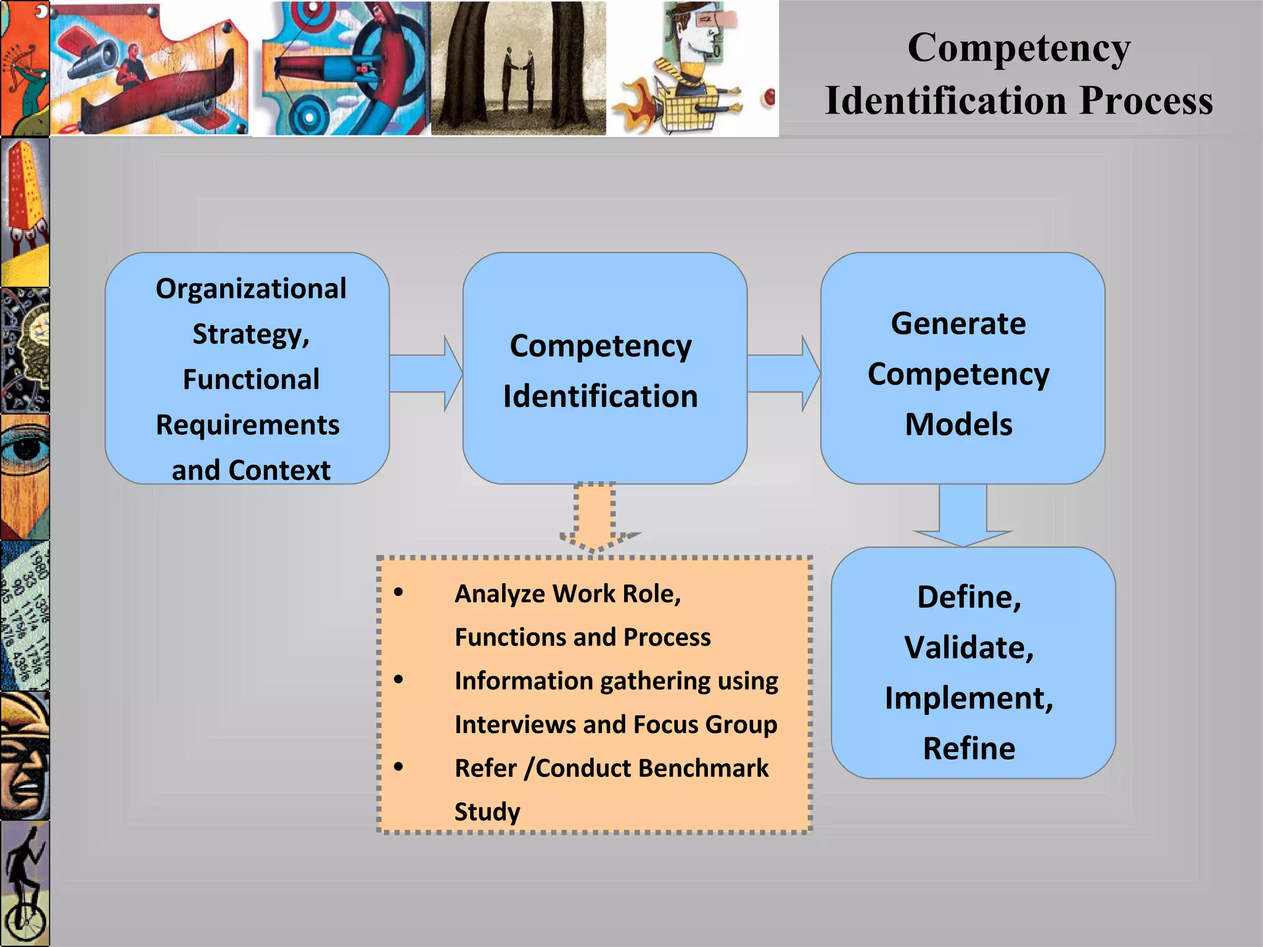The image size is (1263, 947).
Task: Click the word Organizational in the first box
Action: point(251,289)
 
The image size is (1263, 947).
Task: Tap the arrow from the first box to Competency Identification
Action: point(426,373)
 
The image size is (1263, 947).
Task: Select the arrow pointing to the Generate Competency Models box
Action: point(783,373)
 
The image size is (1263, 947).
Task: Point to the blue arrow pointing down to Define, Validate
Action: point(963,515)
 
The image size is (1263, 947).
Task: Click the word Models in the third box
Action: point(958,424)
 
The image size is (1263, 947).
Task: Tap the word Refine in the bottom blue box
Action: point(969,748)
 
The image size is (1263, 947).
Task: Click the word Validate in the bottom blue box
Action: point(969,647)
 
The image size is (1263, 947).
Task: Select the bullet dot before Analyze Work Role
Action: point(398,592)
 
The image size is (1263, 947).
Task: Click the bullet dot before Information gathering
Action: point(398,679)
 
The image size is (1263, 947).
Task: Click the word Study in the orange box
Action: point(487,811)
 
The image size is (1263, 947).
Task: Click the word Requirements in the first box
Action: point(247,425)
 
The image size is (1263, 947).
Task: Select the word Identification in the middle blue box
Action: point(600,396)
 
